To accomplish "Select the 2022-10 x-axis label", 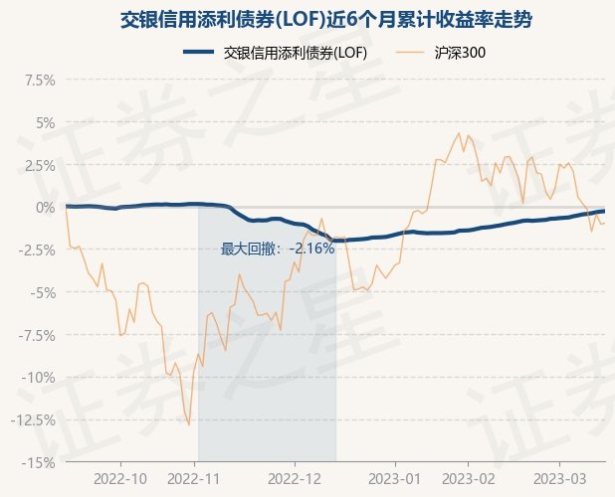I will [120, 478].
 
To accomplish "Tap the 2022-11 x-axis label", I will [196, 478].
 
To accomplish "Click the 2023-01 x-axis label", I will [394, 478].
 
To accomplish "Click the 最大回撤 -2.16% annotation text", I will [278, 248].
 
